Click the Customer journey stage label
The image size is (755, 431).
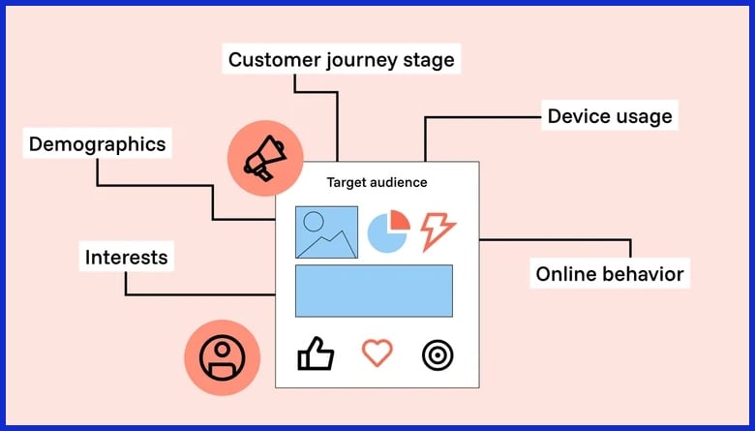pos(341,60)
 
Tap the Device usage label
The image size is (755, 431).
pos(609,117)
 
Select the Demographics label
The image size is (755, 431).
pos(97,144)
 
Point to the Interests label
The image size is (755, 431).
pos(126,257)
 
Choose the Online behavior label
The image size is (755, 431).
pos(610,274)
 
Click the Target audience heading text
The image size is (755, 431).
pos(377,182)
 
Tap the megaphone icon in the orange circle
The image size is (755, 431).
pos(264,158)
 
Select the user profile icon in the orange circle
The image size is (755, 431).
pos(222,356)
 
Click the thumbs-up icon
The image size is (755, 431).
pos(316,354)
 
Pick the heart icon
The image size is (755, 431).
pos(377,353)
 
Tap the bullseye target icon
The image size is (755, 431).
pos(438,354)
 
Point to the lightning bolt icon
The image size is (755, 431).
pos(438,231)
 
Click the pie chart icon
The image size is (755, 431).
pos(388,232)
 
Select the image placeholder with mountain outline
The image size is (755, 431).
pos(326,232)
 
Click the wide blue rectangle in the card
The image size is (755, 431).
pos(374,291)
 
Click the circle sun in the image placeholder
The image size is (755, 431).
pos(314,220)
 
